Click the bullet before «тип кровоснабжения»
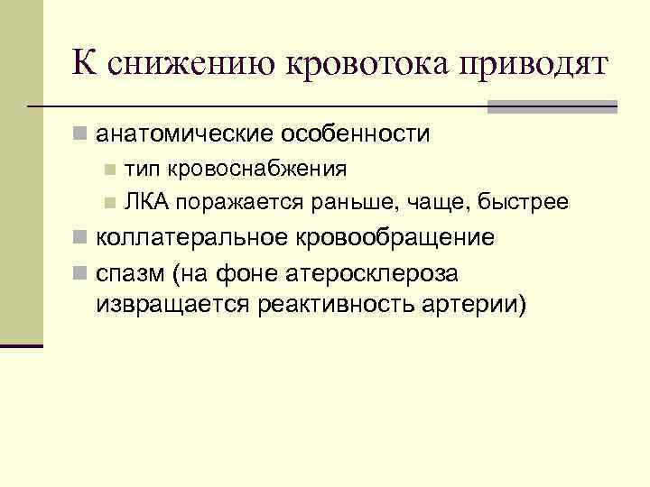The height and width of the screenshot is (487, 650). coord(109,169)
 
